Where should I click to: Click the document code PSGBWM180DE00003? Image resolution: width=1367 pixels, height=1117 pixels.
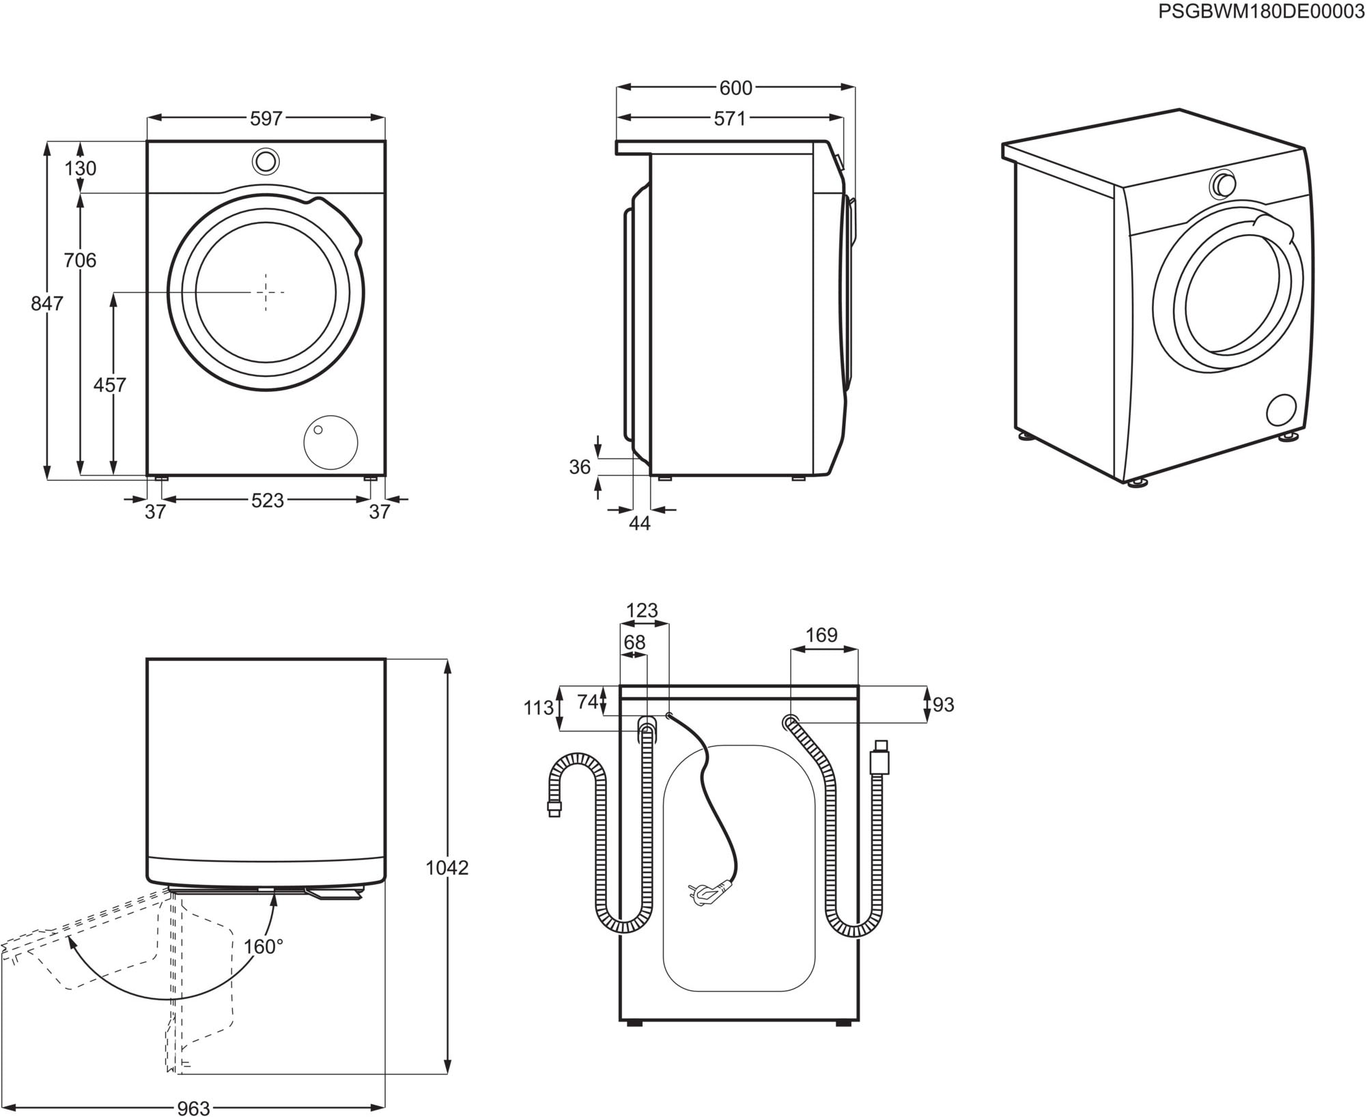(x=1260, y=12)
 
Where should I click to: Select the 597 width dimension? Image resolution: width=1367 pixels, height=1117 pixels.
(x=266, y=119)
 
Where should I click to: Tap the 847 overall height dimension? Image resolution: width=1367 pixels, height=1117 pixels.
(x=46, y=303)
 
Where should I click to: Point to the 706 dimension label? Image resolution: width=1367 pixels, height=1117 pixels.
(x=80, y=260)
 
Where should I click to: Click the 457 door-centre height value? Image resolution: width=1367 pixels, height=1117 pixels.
(x=109, y=385)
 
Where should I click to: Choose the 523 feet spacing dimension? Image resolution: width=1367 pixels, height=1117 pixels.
(x=267, y=500)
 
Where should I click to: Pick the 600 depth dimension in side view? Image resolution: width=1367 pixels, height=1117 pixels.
(x=735, y=88)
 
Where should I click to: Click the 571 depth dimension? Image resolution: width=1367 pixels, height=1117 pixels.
(x=729, y=119)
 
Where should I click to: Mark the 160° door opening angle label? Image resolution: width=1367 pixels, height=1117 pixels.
(x=264, y=947)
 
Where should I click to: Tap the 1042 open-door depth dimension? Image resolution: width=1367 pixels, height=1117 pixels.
(x=447, y=868)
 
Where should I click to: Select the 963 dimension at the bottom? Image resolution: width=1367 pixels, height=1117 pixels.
(x=193, y=1108)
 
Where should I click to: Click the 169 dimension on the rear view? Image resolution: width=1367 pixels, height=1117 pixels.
(x=821, y=636)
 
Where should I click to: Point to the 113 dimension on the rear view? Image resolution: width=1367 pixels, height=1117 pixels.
(x=538, y=708)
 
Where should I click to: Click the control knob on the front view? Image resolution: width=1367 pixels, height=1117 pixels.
(x=265, y=162)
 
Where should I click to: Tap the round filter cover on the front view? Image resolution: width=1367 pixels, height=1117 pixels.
(x=330, y=442)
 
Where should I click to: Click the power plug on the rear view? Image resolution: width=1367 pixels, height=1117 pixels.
(x=708, y=893)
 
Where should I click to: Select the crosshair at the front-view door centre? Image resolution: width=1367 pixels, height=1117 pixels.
(x=266, y=292)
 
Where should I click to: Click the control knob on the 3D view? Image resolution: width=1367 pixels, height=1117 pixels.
(x=1223, y=185)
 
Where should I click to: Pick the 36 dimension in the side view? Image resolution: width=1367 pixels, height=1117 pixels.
(x=580, y=467)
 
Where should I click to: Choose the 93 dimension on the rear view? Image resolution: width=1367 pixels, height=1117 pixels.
(x=943, y=705)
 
